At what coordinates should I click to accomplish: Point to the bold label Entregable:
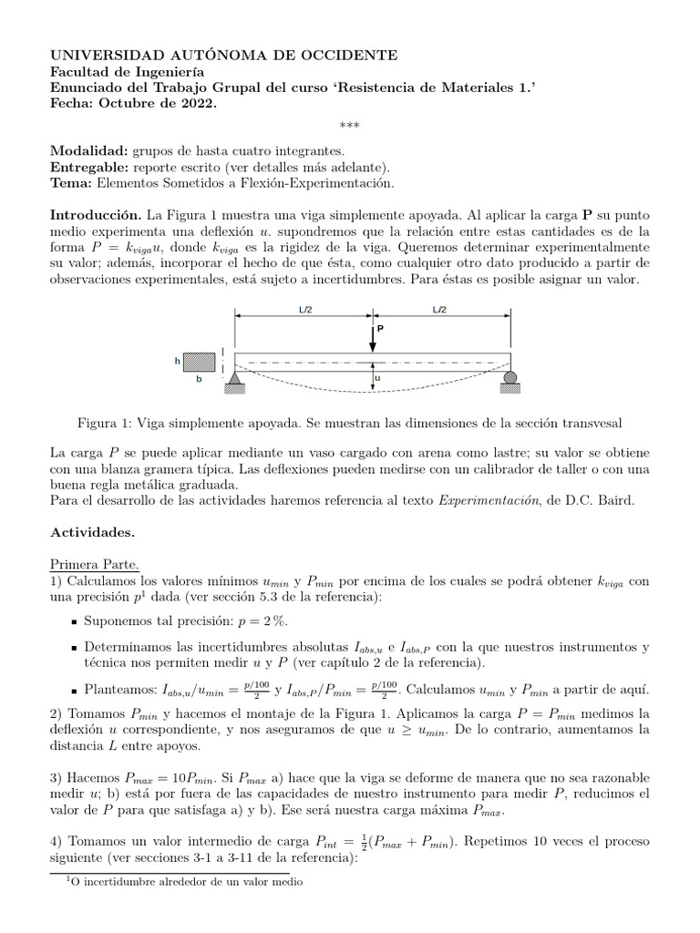coord(88,167)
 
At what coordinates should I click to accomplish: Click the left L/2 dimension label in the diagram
coord(305,310)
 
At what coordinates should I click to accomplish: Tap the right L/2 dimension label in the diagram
coord(439,310)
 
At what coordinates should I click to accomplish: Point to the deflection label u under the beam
coord(378,375)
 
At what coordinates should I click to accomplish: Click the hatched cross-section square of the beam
coord(201,361)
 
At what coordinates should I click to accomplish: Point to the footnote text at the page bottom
coord(182,881)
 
